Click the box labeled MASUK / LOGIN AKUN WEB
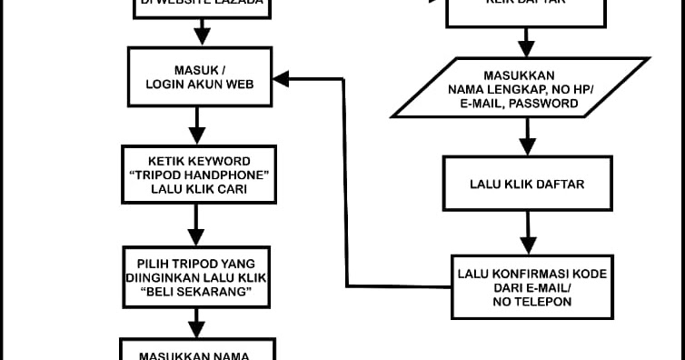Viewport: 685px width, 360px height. [199, 76]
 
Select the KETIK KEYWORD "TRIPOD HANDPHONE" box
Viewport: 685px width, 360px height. [199, 174]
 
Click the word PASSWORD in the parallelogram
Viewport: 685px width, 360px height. [549, 104]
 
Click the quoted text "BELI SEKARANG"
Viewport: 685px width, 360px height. [197, 291]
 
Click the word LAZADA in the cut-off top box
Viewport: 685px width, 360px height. [237, 3]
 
